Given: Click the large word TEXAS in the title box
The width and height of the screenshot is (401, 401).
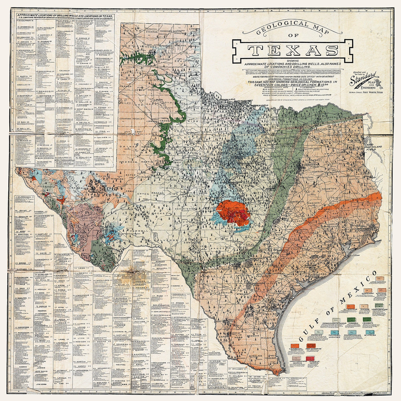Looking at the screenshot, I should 293,51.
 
